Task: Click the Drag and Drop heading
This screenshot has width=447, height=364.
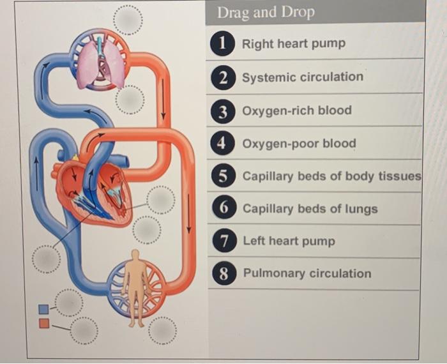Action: coord(266,13)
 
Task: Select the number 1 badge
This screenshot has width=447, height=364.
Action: coord(222,43)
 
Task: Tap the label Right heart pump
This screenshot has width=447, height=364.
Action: coord(294,43)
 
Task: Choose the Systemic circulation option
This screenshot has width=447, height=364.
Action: coord(303,77)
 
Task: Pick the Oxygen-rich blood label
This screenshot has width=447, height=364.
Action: coord(297,110)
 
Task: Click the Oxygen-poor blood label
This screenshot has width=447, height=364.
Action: coord(299,143)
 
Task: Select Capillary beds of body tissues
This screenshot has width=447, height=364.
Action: coord(331,176)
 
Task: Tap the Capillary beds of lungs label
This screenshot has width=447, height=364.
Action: coord(310,209)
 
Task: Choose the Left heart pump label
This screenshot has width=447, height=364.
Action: coord(289,241)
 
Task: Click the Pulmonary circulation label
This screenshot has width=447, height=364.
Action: coord(307,273)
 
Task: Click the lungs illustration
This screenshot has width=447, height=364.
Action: coord(100,61)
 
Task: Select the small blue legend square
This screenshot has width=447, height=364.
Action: coord(43,310)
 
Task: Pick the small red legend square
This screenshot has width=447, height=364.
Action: coord(43,323)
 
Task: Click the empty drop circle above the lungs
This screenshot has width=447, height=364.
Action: coord(128,20)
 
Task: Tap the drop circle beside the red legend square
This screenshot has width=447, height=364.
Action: coord(84,330)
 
